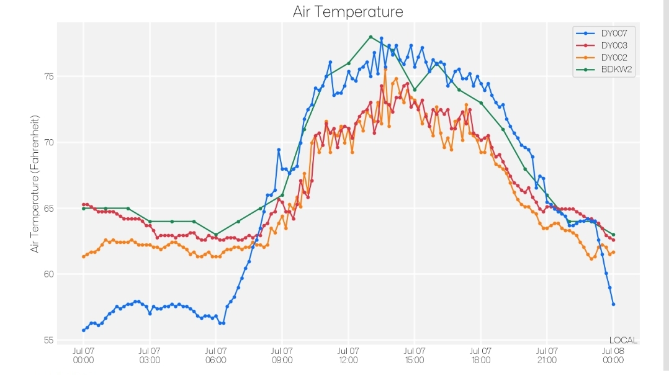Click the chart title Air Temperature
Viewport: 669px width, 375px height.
pos(348,12)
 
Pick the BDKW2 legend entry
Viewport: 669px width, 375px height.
pos(604,69)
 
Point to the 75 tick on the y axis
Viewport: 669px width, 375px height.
pos(48,76)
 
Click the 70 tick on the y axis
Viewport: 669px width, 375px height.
pos(48,142)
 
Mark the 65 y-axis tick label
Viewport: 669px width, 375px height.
pos(48,208)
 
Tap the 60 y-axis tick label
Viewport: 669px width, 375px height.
pos(48,274)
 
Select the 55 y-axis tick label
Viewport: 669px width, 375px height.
pos(48,340)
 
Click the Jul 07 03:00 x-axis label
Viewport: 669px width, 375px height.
pos(150,355)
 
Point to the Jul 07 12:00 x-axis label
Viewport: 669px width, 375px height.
pos(348,355)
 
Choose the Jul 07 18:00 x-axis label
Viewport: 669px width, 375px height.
pos(481,355)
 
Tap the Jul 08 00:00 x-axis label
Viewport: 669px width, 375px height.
pos(613,355)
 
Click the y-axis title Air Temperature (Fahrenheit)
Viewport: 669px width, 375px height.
pos(35,184)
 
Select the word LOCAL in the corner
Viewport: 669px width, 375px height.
pos(623,340)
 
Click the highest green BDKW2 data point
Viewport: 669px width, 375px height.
pos(370,37)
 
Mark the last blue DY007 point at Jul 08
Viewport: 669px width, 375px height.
pos(613,304)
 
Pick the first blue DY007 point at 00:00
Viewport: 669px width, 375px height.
pos(84,330)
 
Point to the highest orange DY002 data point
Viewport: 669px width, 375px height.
pos(385,68)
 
